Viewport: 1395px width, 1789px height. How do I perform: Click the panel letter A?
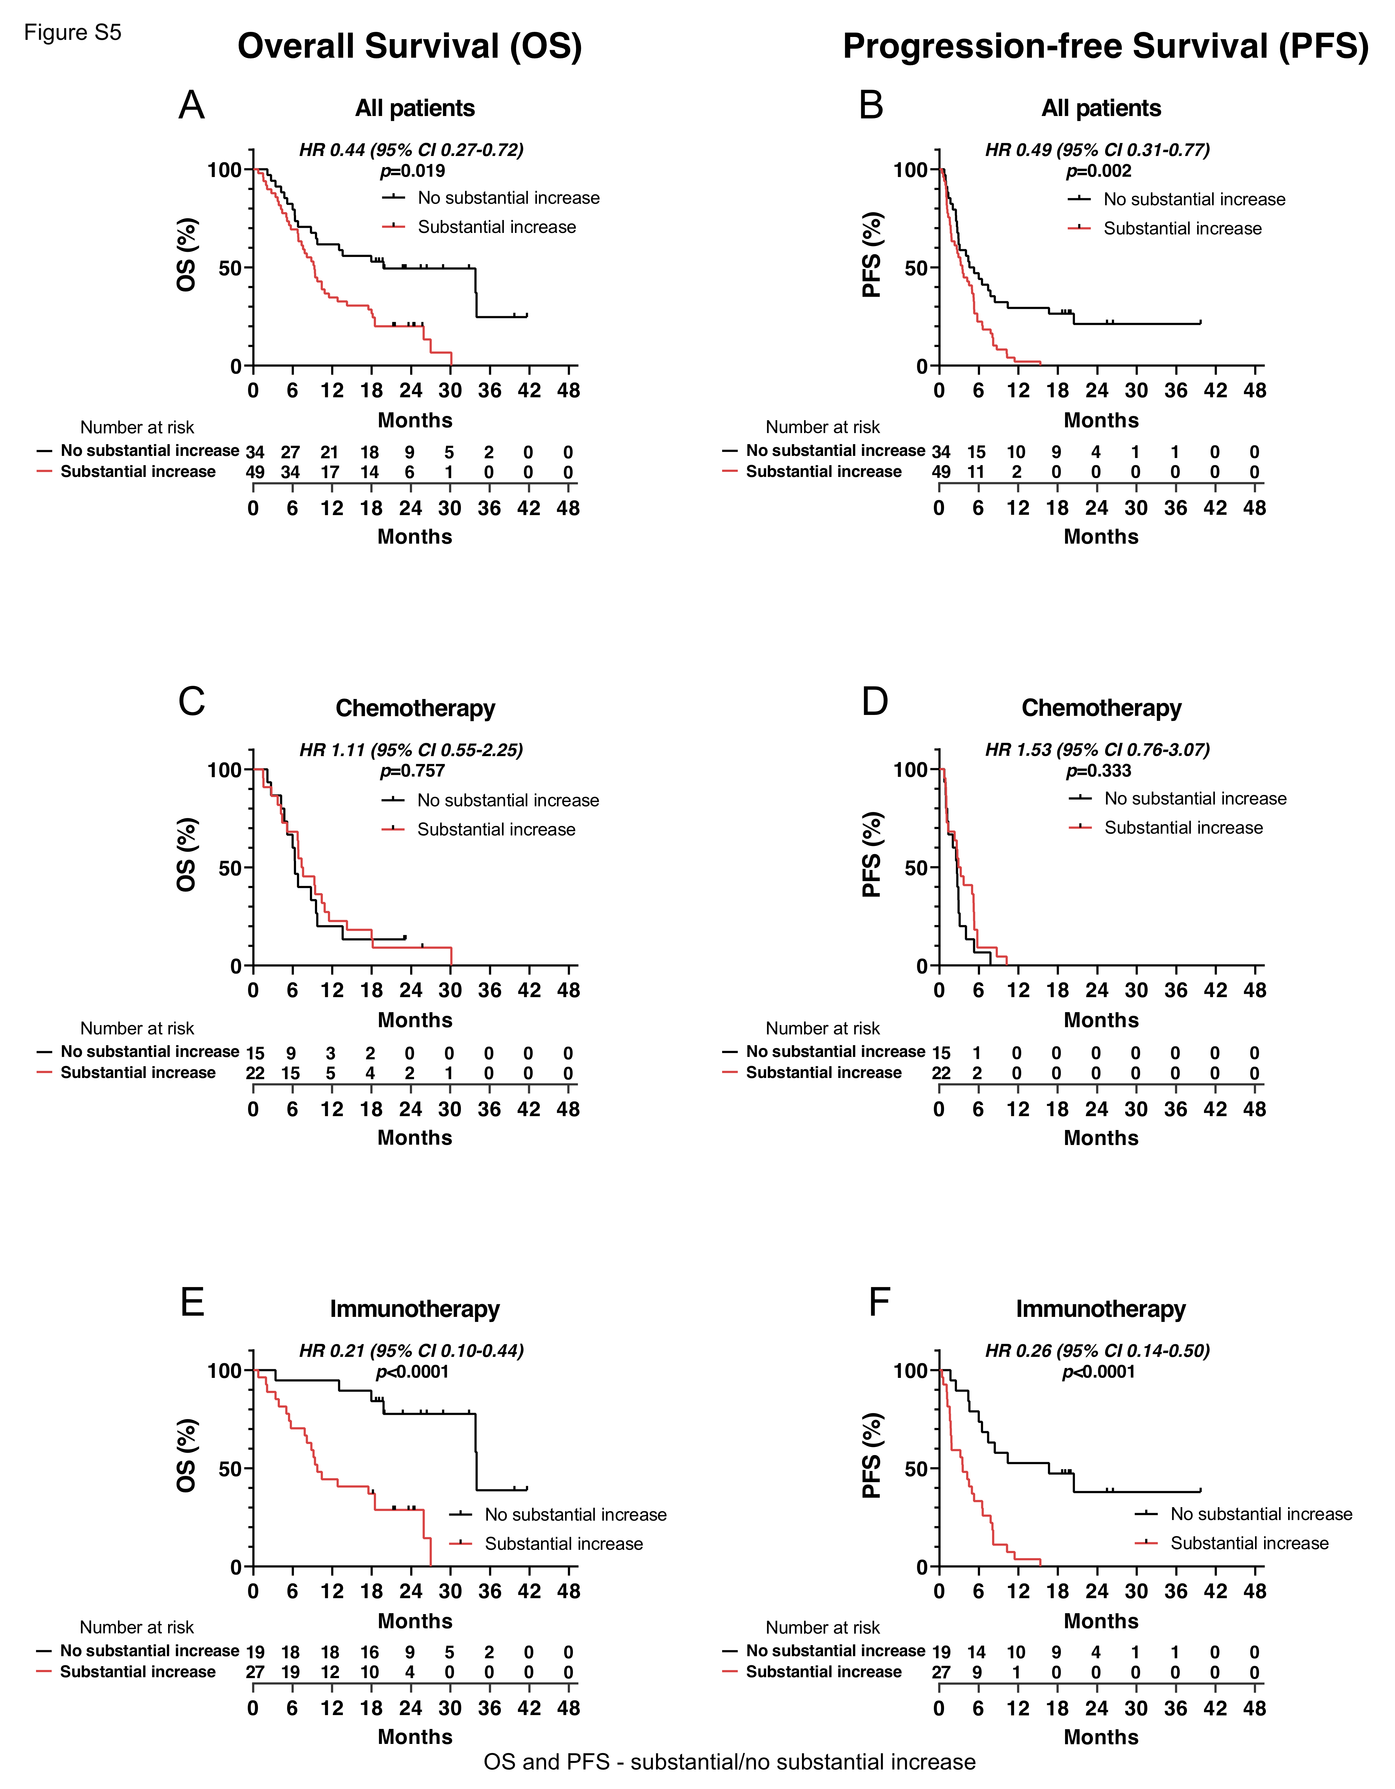click(x=192, y=106)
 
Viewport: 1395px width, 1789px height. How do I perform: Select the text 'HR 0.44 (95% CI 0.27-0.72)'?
click(x=411, y=150)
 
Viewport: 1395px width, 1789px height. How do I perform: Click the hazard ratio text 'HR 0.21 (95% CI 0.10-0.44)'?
click(x=411, y=1351)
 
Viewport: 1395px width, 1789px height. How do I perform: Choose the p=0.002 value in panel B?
click(x=1099, y=171)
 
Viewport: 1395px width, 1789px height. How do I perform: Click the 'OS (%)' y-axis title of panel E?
click(x=187, y=1456)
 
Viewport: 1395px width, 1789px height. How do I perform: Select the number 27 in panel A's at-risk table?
click(x=291, y=452)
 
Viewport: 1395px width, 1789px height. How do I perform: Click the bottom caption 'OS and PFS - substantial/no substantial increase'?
click(x=729, y=1762)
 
